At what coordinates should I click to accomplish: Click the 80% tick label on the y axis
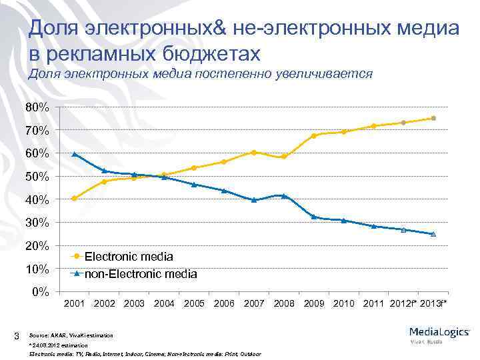pyautogui.click(x=37, y=107)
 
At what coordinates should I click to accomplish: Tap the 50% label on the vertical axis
pyautogui.click(x=37, y=177)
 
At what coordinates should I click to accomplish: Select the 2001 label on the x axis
pyautogui.click(x=74, y=304)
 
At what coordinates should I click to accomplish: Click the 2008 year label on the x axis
pyautogui.click(x=284, y=304)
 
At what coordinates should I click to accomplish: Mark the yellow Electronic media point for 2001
pyautogui.click(x=74, y=198)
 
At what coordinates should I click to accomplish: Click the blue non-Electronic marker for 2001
pyautogui.click(x=74, y=154)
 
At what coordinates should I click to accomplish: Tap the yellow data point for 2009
pyautogui.click(x=313, y=136)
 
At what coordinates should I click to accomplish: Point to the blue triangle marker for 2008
pyautogui.click(x=284, y=196)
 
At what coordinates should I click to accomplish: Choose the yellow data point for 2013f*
pyautogui.click(x=433, y=118)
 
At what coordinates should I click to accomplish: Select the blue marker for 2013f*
pyautogui.click(x=433, y=234)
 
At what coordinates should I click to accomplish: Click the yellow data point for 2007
pyautogui.click(x=254, y=152)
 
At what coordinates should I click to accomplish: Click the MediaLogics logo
pyautogui.click(x=440, y=331)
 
